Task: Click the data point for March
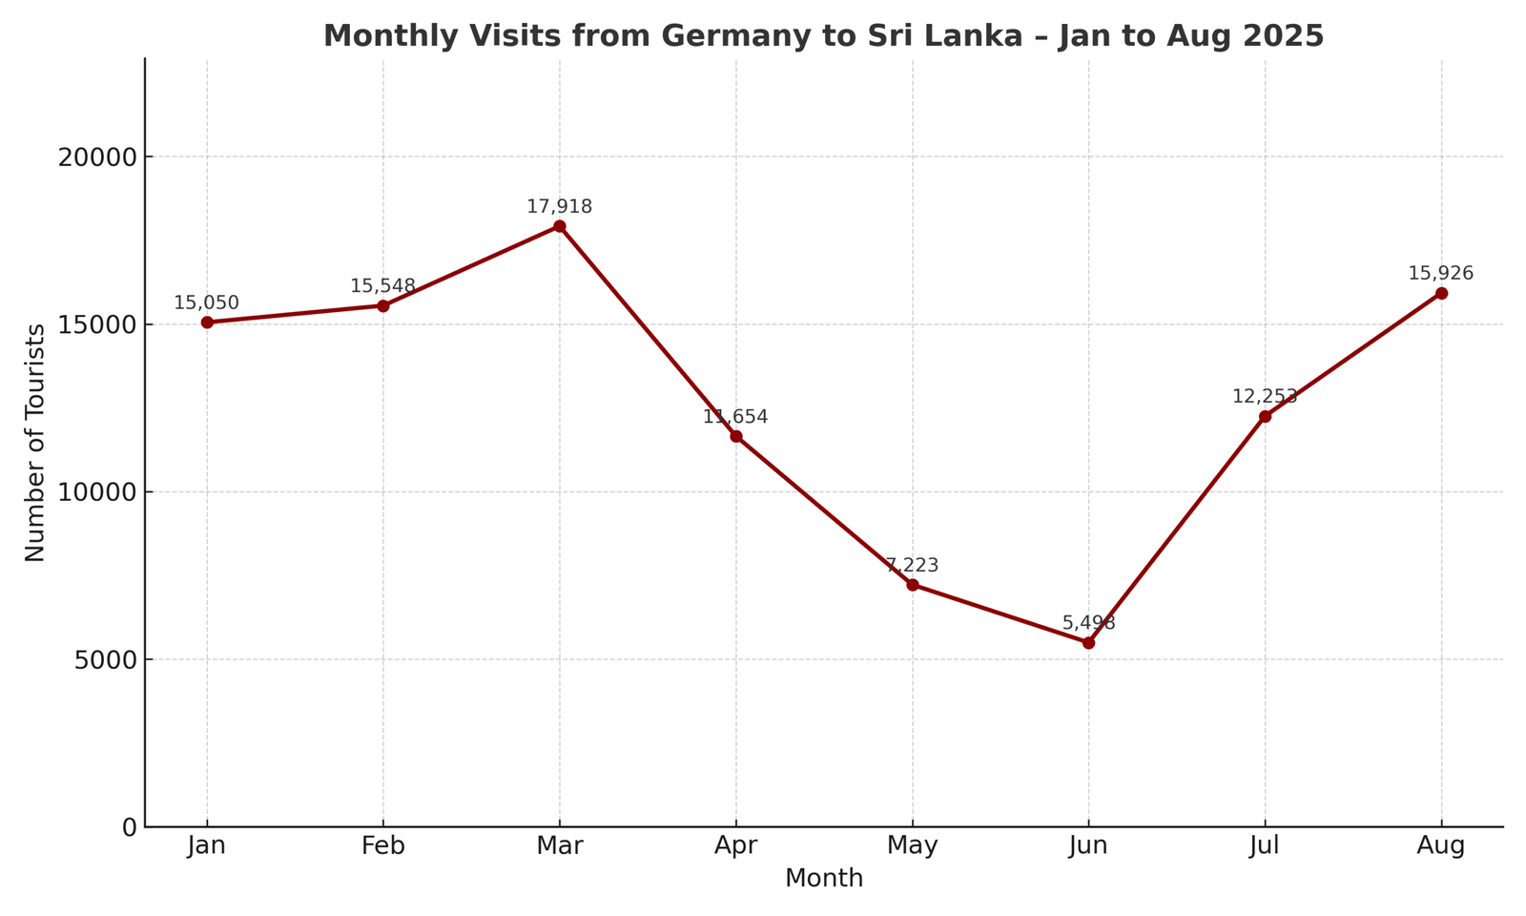point(560,226)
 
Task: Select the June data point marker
point(1088,642)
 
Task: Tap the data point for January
point(207,323)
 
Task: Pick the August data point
point(1441,293)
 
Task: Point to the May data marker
point(913,584)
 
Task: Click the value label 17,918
point(560,207)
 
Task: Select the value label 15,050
point(207,303)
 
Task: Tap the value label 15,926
point(1441,274)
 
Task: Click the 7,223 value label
point(913,566)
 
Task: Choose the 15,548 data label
point(382,286)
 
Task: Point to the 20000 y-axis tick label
point(97,157)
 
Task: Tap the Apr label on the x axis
point(736,845)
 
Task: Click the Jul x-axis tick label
point(1265,845)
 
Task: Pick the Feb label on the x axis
point(382,845)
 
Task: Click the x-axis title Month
point(824,879)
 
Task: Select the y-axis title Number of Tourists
point(35,443)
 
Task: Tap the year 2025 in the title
point(1285,36)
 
